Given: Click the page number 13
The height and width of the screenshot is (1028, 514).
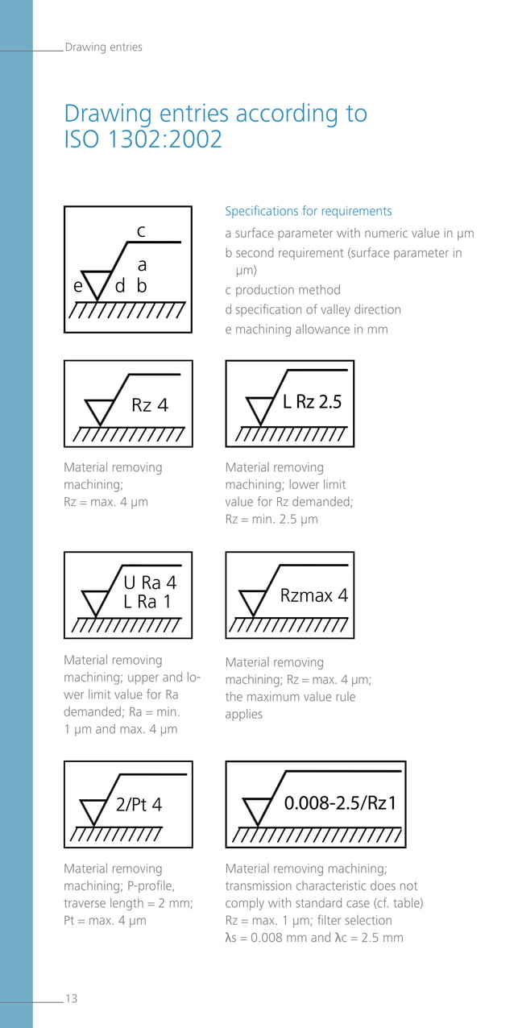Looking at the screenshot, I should click(72, 998).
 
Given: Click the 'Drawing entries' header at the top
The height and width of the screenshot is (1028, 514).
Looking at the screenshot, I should click(103, 47).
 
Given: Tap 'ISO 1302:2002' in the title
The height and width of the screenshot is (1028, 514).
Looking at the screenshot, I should click(143, 139).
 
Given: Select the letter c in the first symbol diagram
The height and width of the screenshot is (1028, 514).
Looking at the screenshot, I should click(141, 231).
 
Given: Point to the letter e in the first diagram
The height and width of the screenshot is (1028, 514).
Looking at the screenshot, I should click(77, 286).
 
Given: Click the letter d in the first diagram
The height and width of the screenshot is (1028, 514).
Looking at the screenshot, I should click(120, 286).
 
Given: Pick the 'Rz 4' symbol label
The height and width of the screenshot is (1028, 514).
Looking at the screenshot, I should click(150, 404).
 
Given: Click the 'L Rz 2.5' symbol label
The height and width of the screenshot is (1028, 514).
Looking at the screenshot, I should click(313, 401).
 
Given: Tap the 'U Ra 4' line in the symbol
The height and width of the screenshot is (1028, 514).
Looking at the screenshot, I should click(150, 582).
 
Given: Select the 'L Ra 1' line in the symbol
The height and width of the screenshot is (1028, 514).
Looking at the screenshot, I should click(147, 601).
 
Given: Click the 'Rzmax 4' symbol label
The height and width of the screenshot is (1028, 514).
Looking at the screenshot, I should click(314, 596).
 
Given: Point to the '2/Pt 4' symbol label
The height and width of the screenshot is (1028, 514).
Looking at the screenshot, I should click(139, 804).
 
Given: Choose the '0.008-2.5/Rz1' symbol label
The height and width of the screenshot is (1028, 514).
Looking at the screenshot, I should click(340, 803).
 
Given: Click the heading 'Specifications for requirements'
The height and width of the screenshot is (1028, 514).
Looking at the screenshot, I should click(309, 211).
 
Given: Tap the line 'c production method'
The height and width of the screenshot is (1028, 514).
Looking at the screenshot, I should click(283, 290).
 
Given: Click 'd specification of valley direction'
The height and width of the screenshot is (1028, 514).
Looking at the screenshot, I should click(313, 309).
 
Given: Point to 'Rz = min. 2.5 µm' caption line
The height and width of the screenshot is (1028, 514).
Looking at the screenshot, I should click(272, 519).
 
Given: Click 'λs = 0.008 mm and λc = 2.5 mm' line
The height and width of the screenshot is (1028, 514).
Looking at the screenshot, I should click(314, 937).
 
